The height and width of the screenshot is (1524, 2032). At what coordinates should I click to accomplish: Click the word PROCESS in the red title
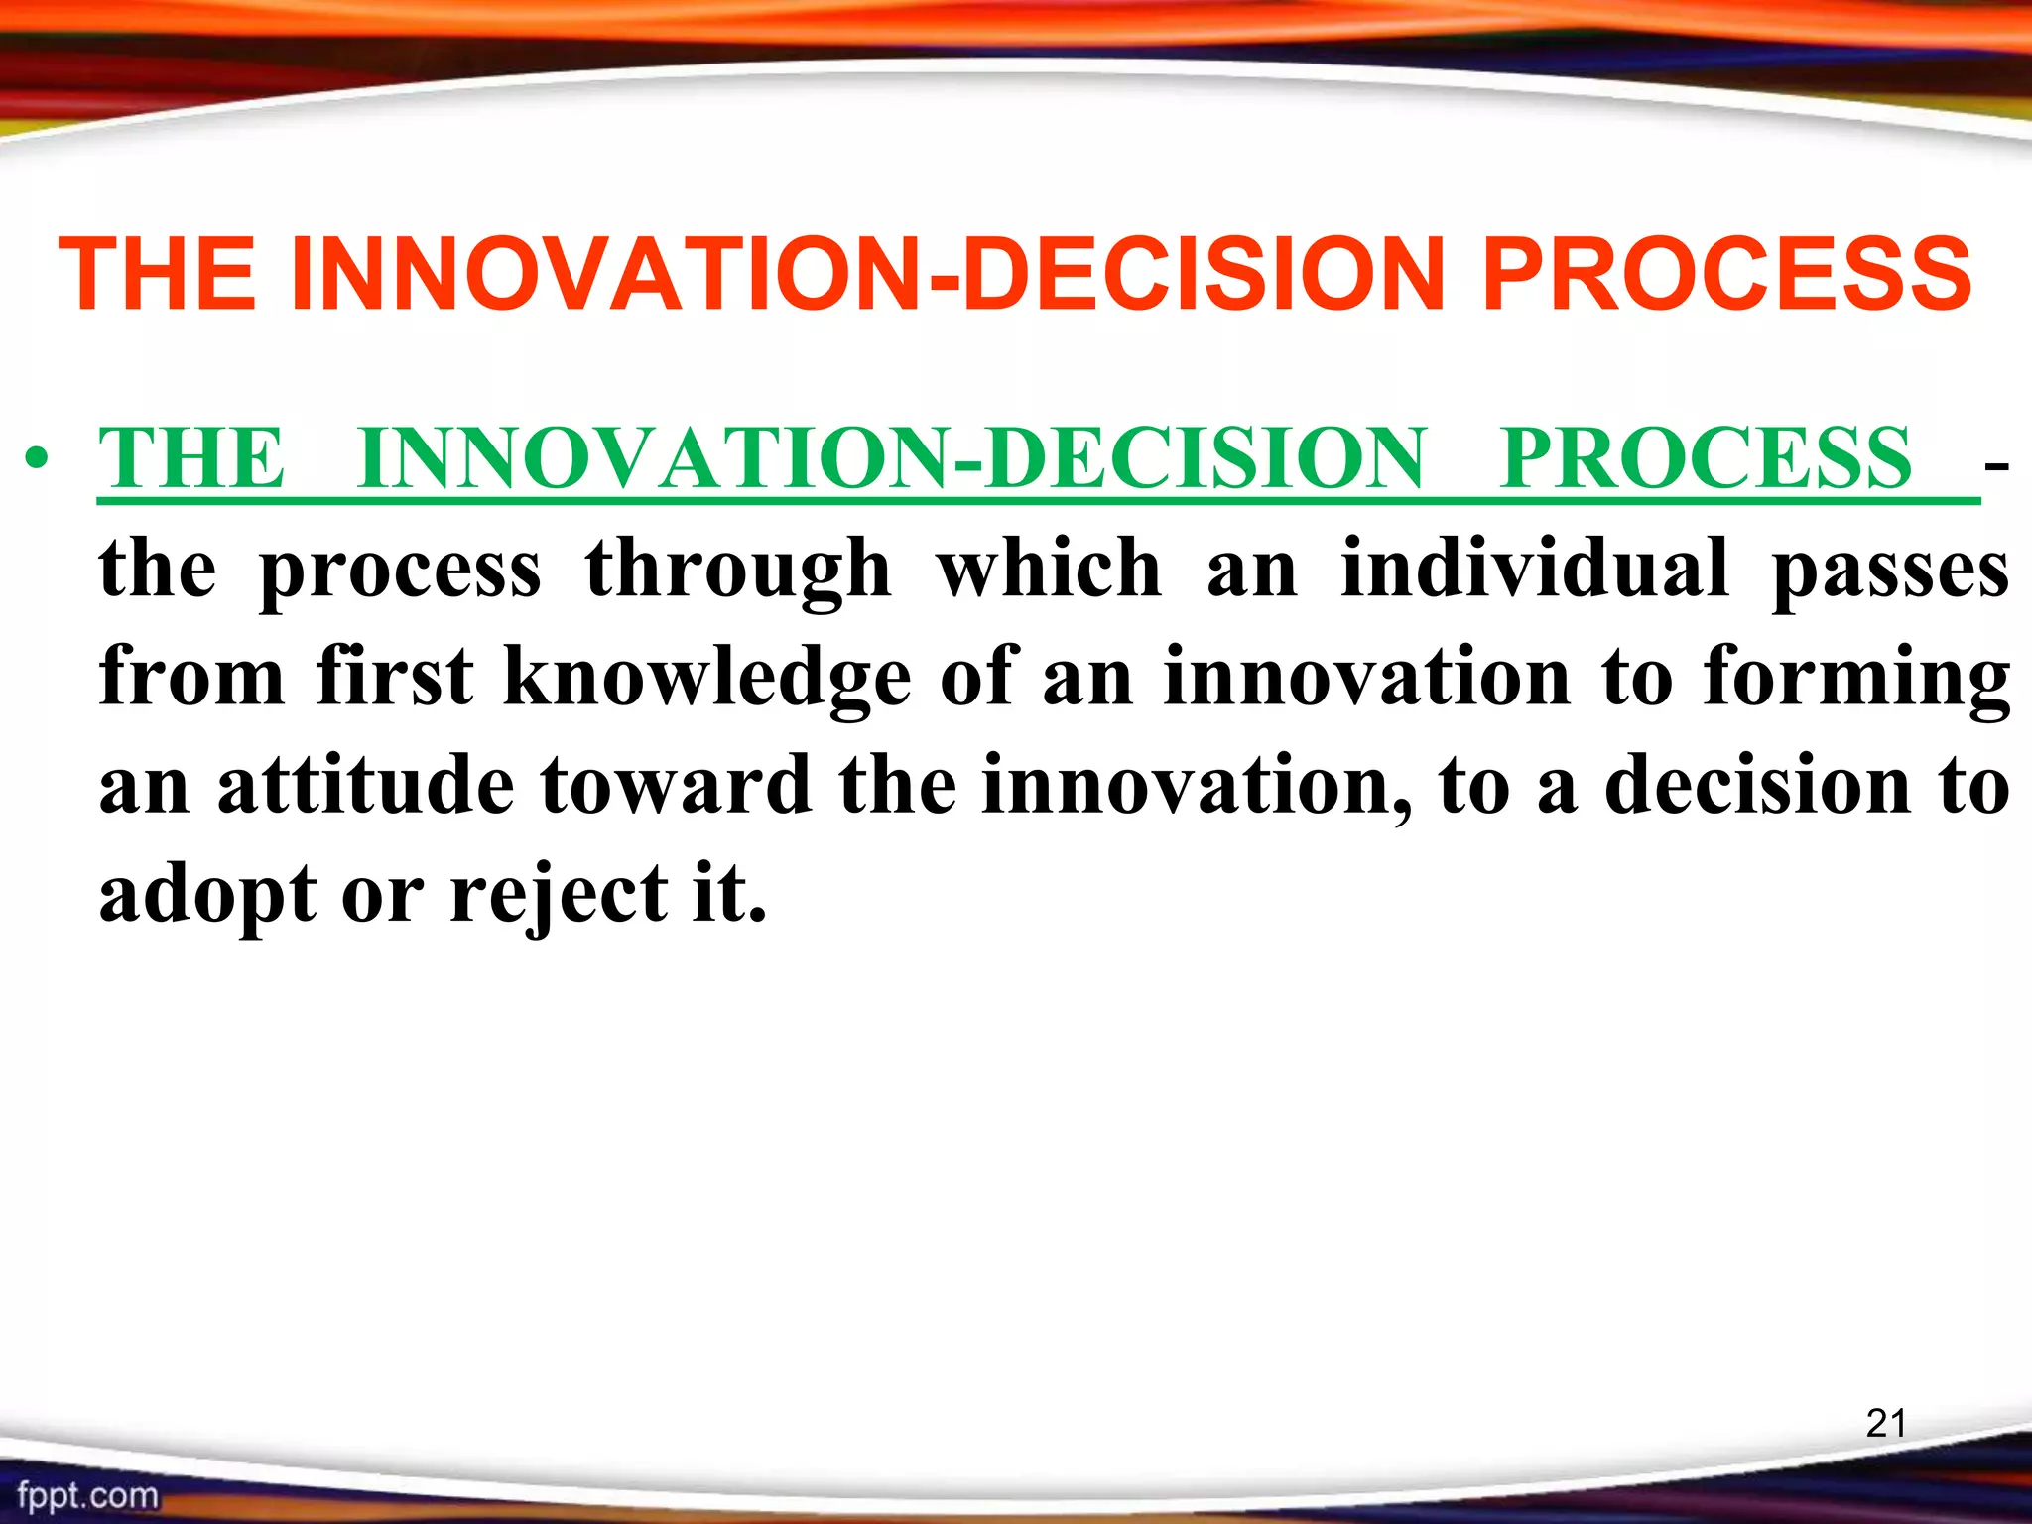pyautogui.click(x=1726, y=275)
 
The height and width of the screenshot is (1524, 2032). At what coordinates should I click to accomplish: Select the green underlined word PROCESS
pyautogui.click(x=1705, y=458)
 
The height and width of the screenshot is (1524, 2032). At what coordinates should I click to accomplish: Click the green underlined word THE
pyautogui.click(x=191, y=458)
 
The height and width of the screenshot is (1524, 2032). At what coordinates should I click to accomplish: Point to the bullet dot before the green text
pyautogui.click(x=38, y=460)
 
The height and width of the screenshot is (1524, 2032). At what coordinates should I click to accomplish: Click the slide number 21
pyautogui.click(x=1885, y=1424)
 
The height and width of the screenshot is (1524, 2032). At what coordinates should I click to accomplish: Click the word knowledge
pyautogui.click(x=706, y=678)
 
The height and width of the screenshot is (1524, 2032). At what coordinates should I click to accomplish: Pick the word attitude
pyautogui.click(x=365, y=785)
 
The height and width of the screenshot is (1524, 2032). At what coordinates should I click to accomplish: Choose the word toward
pyautogui.click(x=676, y=785)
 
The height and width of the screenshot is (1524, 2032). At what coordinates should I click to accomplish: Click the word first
pyautogui.click(x=394, y=676)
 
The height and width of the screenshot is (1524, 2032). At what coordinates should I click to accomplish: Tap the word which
pyautogui.click(x=1049, y=569)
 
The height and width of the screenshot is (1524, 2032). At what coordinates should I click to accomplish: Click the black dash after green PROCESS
pyautogui.click(x=1996, y=463)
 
